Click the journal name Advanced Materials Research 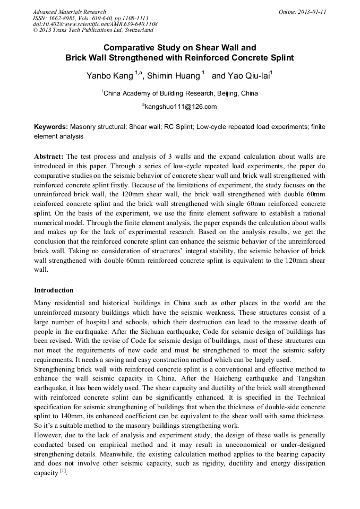(x=69, y=12)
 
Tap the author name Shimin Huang (x=173, y=76)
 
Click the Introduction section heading (x=54, y=290)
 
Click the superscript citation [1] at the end (x=63, y=470)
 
